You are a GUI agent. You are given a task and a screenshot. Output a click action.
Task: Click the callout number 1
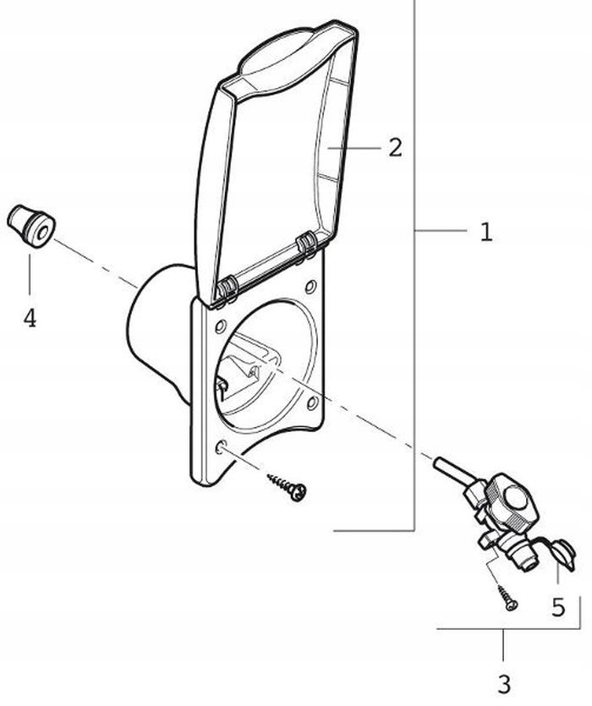(486, 232)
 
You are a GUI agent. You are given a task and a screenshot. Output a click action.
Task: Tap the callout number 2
(395, 147)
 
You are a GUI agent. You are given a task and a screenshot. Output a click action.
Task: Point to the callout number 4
(30, 318)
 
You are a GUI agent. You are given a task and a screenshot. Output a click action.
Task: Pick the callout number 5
(558, 607)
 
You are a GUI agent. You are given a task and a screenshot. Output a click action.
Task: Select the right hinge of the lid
(306, 245)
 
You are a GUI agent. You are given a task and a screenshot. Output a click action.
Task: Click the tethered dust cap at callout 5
(561, 555)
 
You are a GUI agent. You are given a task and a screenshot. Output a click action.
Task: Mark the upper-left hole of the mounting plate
(220, 326)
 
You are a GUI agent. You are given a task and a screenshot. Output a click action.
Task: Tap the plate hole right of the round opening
(311, 402)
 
